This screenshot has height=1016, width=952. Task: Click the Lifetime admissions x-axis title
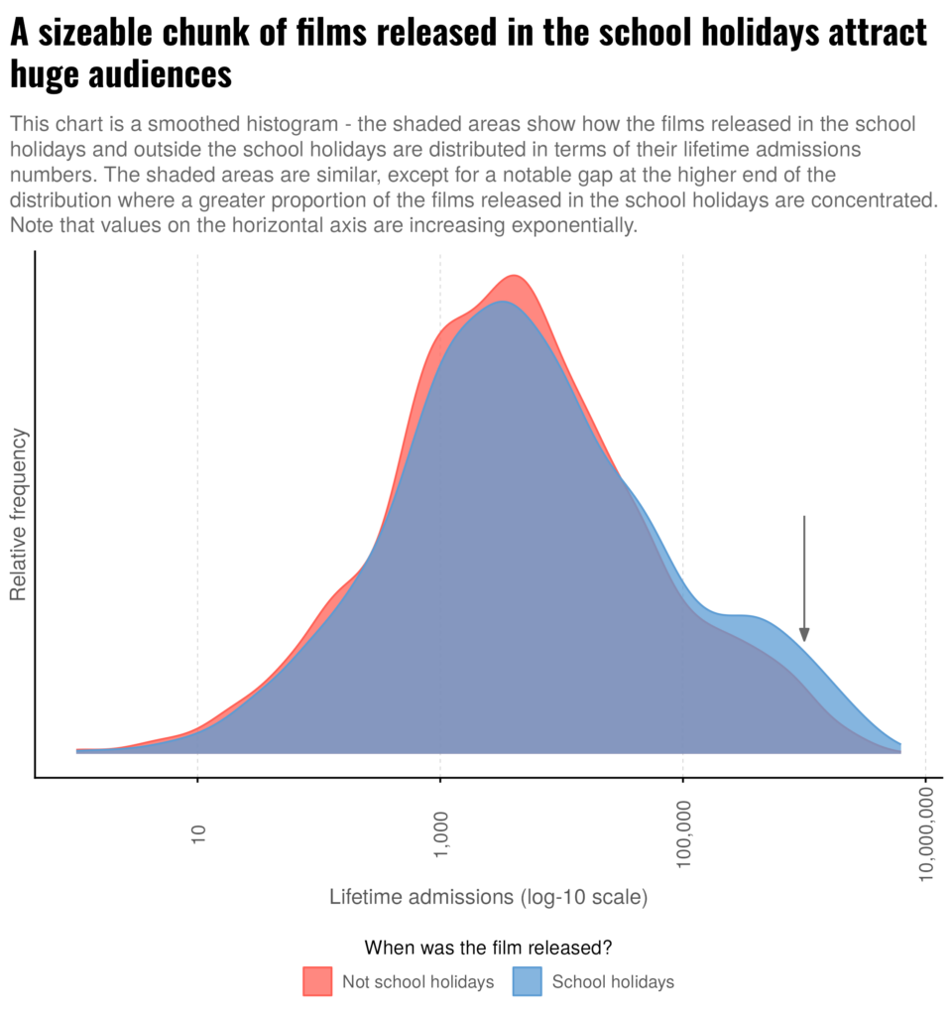421,898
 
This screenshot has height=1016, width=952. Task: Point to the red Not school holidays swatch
317,981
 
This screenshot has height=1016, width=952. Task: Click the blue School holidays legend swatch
527,981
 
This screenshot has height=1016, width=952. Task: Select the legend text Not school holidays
417,982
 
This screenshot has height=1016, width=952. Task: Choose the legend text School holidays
613,982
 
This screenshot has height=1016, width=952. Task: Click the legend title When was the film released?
487,947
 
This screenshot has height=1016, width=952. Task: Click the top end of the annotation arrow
804,517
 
